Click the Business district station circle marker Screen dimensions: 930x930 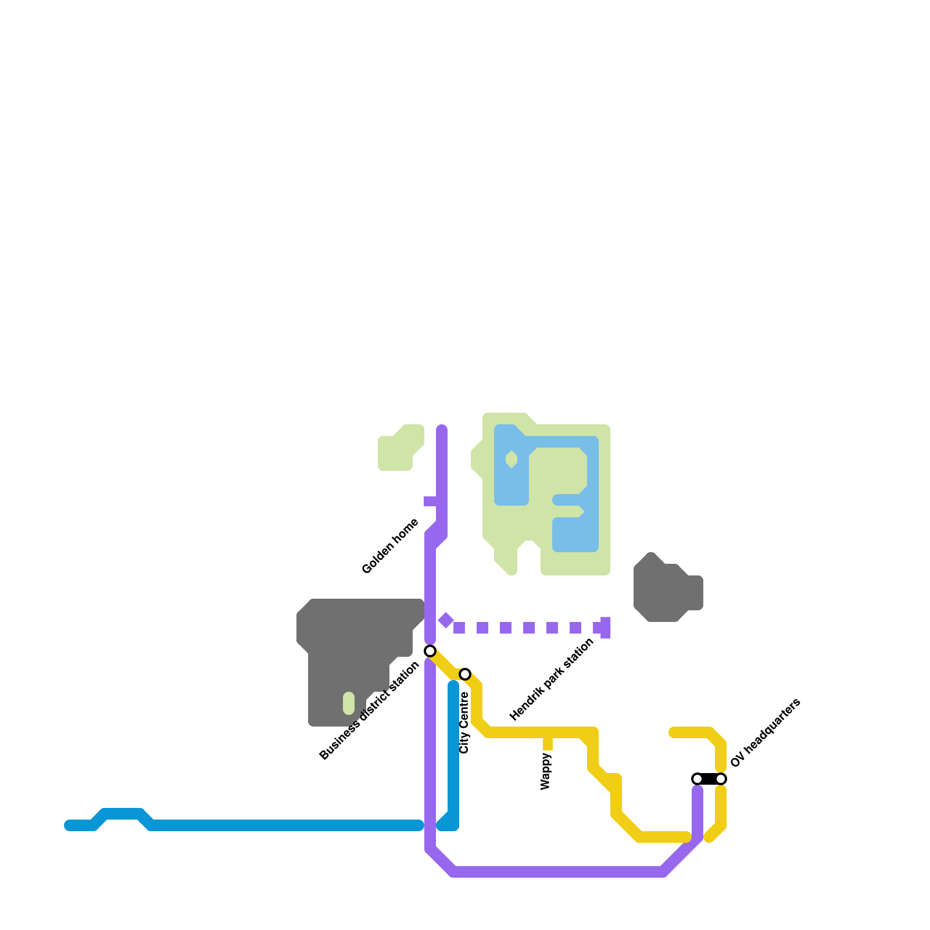(430, 650)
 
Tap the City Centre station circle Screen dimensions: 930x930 (465, 674)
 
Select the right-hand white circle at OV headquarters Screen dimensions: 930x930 (721, 779)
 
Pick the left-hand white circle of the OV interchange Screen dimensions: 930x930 (697, 779)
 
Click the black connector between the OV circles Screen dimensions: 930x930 (709, 779)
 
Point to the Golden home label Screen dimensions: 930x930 (390, 546)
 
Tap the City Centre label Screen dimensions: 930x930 (464, 722)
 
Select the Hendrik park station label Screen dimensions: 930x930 (552, 679)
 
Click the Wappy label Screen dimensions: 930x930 (545, 771)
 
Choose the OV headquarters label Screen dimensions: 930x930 (766, 733)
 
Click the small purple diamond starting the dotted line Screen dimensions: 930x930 (446, 620)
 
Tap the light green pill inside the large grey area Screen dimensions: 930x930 (349, 703)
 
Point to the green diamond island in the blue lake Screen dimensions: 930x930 (512, 459)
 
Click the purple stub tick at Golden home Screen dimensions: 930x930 (431, 501)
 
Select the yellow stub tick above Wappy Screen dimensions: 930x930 (548, 743)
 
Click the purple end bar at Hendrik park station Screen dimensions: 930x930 (606, 628)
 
